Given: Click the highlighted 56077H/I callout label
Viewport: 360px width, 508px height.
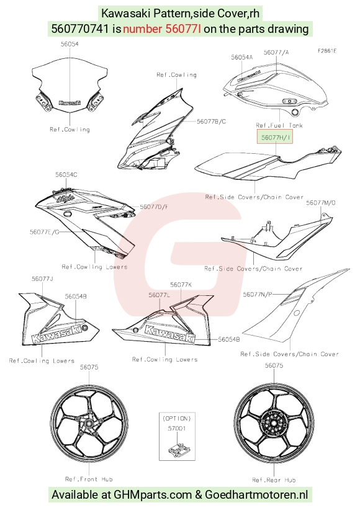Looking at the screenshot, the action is [x=275, y=137].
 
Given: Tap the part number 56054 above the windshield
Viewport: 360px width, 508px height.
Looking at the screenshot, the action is [x=70, y=44].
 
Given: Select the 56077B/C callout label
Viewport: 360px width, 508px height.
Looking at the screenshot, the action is [x=212, y=122].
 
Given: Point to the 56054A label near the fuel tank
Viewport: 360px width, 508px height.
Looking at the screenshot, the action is [x=241, y=57].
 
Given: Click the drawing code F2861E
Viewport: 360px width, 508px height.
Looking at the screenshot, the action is [x=326, y=51].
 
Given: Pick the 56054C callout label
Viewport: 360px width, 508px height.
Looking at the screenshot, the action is [x=66, y=175].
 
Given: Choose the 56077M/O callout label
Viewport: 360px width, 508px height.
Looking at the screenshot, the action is [x=321, y=203].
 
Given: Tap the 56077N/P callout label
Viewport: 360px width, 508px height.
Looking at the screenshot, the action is [x=258, y=294].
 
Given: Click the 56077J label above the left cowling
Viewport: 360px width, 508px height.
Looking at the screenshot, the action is [x=42, y=279].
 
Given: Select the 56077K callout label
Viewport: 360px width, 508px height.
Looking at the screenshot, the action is [x=181, y=285].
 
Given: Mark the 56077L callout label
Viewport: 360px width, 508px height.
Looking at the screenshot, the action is [x=160, y=295].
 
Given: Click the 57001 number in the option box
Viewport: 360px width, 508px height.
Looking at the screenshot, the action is [x=177, y=429].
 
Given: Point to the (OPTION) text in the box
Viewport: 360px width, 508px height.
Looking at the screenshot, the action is [x=177, y=418].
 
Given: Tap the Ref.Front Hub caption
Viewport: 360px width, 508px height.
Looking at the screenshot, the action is [x=89, y=479].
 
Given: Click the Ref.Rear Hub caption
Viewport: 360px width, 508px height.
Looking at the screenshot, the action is [x=274, y=480].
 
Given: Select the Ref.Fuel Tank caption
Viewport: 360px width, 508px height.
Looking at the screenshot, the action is [x=279, y=125].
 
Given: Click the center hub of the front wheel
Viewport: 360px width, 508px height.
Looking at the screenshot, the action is [x=89, y=424].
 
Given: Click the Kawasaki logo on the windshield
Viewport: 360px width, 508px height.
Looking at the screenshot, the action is [x=70, y=103].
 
